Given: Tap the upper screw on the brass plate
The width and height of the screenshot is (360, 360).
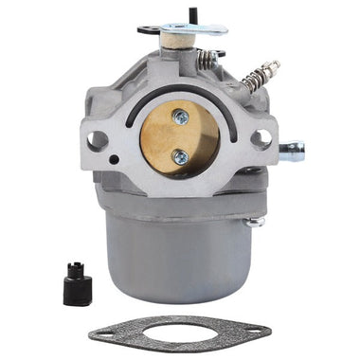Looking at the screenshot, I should tap(180, 117).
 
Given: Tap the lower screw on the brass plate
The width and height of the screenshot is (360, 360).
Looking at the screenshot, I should tap(180, 157).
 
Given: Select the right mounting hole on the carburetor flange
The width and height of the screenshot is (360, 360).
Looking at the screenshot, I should tap(262, 137).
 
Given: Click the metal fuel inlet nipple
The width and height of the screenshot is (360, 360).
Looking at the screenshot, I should tap(294, 149).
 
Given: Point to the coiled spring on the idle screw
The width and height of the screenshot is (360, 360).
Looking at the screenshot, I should tap(258, 74).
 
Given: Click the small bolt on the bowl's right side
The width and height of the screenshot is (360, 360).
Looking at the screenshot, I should tap(254, 224).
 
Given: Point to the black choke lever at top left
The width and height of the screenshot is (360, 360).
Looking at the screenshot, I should tap(148, 29).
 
